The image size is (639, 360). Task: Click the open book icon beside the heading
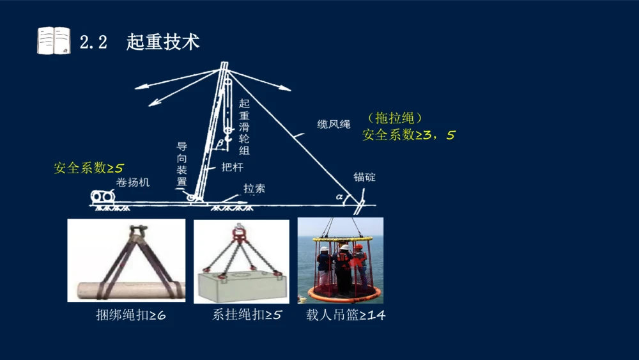coord(53,41)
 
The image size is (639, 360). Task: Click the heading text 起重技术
coord(163,42)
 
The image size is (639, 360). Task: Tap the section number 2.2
coord(93,43)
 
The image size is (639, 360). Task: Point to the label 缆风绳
coord(334,124)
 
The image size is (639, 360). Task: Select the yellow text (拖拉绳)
coord(396,118)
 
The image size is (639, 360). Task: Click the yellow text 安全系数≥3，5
coord(408,135)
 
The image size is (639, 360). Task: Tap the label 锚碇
coord(365,176)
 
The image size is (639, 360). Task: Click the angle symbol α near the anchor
coord(339,197)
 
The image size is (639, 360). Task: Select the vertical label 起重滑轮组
coord(243,127)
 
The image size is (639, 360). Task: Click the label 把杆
coord(232,167)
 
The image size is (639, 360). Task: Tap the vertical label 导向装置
coord(182,164)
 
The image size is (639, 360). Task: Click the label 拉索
coord(254,189)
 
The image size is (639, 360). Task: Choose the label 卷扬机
coord(133,182)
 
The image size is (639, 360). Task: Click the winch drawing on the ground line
coord(102,198)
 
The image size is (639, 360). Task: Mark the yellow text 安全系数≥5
coord(88,168)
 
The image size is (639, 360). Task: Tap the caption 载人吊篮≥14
coord(345,315)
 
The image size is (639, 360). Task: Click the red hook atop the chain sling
coord(240,231)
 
